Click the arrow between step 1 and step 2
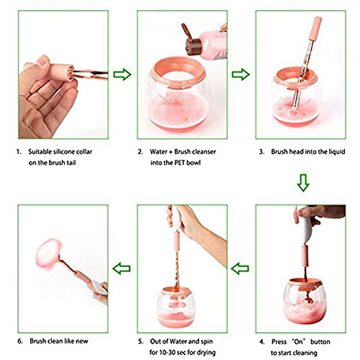(122, 74)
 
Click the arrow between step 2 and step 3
(240, 74)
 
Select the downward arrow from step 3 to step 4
(303, 183)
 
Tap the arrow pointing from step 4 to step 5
(240, 269)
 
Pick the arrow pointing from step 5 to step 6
(122, 269)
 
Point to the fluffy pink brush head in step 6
(48, 254)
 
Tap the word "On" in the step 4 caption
(299, 341)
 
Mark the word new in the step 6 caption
(82, 341)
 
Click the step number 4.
(261, 342)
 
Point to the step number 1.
(19, 152)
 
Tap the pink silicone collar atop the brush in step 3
(315, 28)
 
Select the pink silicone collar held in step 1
(60, 72)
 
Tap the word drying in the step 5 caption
(206, 353)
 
